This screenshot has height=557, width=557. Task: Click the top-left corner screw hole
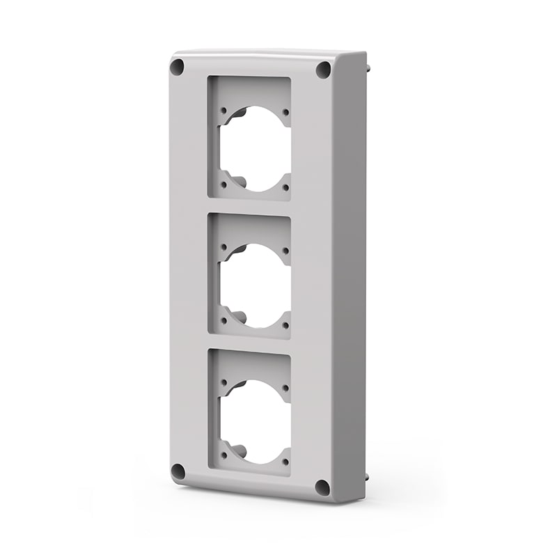point(177,68)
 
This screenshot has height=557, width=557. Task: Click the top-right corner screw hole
point(323,70)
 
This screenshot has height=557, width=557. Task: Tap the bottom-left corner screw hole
point(178,471)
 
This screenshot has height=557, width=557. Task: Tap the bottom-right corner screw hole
point(322,487)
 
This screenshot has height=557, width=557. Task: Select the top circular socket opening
point(256,148)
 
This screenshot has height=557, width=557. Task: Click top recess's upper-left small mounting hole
point(223,109)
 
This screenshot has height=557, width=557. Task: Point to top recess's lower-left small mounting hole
point(223,184)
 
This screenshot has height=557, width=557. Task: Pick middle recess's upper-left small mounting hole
point(223,246)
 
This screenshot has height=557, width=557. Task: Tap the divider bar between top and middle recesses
point(249,208)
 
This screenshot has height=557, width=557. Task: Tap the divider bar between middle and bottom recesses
point(249,344)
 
